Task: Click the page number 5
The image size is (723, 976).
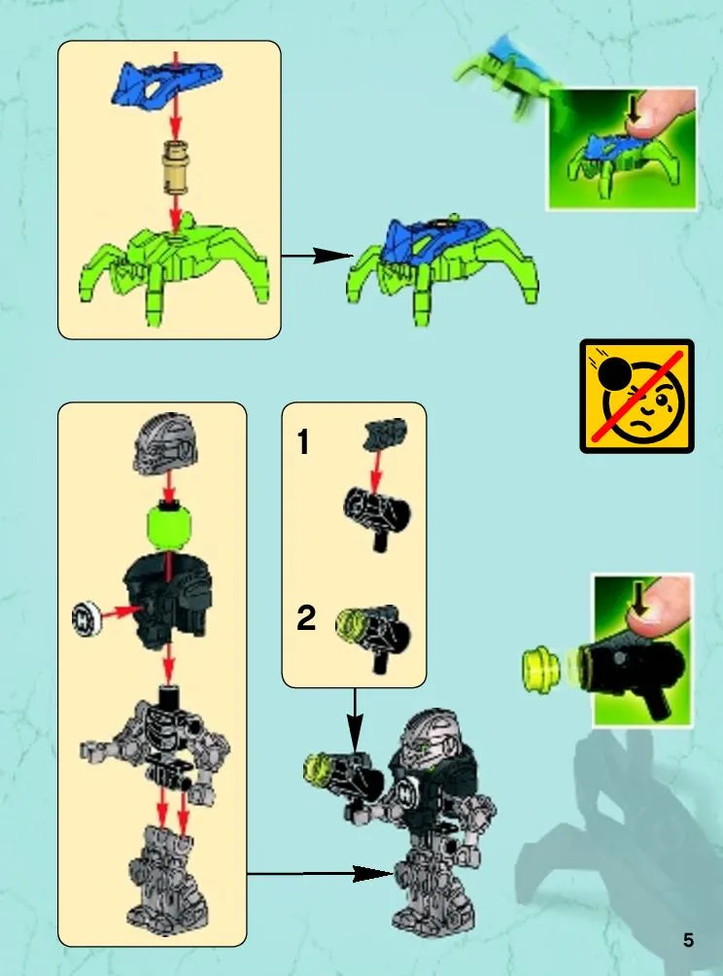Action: coord(688,940)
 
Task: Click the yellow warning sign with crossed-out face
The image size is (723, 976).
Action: coord(637,396)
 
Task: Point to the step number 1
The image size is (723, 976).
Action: coord(303,442)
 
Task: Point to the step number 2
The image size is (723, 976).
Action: coord(305,618)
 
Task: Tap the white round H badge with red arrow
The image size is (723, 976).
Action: coord(86,619)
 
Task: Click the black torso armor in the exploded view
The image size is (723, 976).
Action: coord(167,598)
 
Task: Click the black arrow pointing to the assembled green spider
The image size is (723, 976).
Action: coord(318,256)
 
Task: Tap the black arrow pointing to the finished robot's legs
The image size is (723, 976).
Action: coord(321,873)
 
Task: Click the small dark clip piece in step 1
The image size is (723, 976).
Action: coord(384,434)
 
